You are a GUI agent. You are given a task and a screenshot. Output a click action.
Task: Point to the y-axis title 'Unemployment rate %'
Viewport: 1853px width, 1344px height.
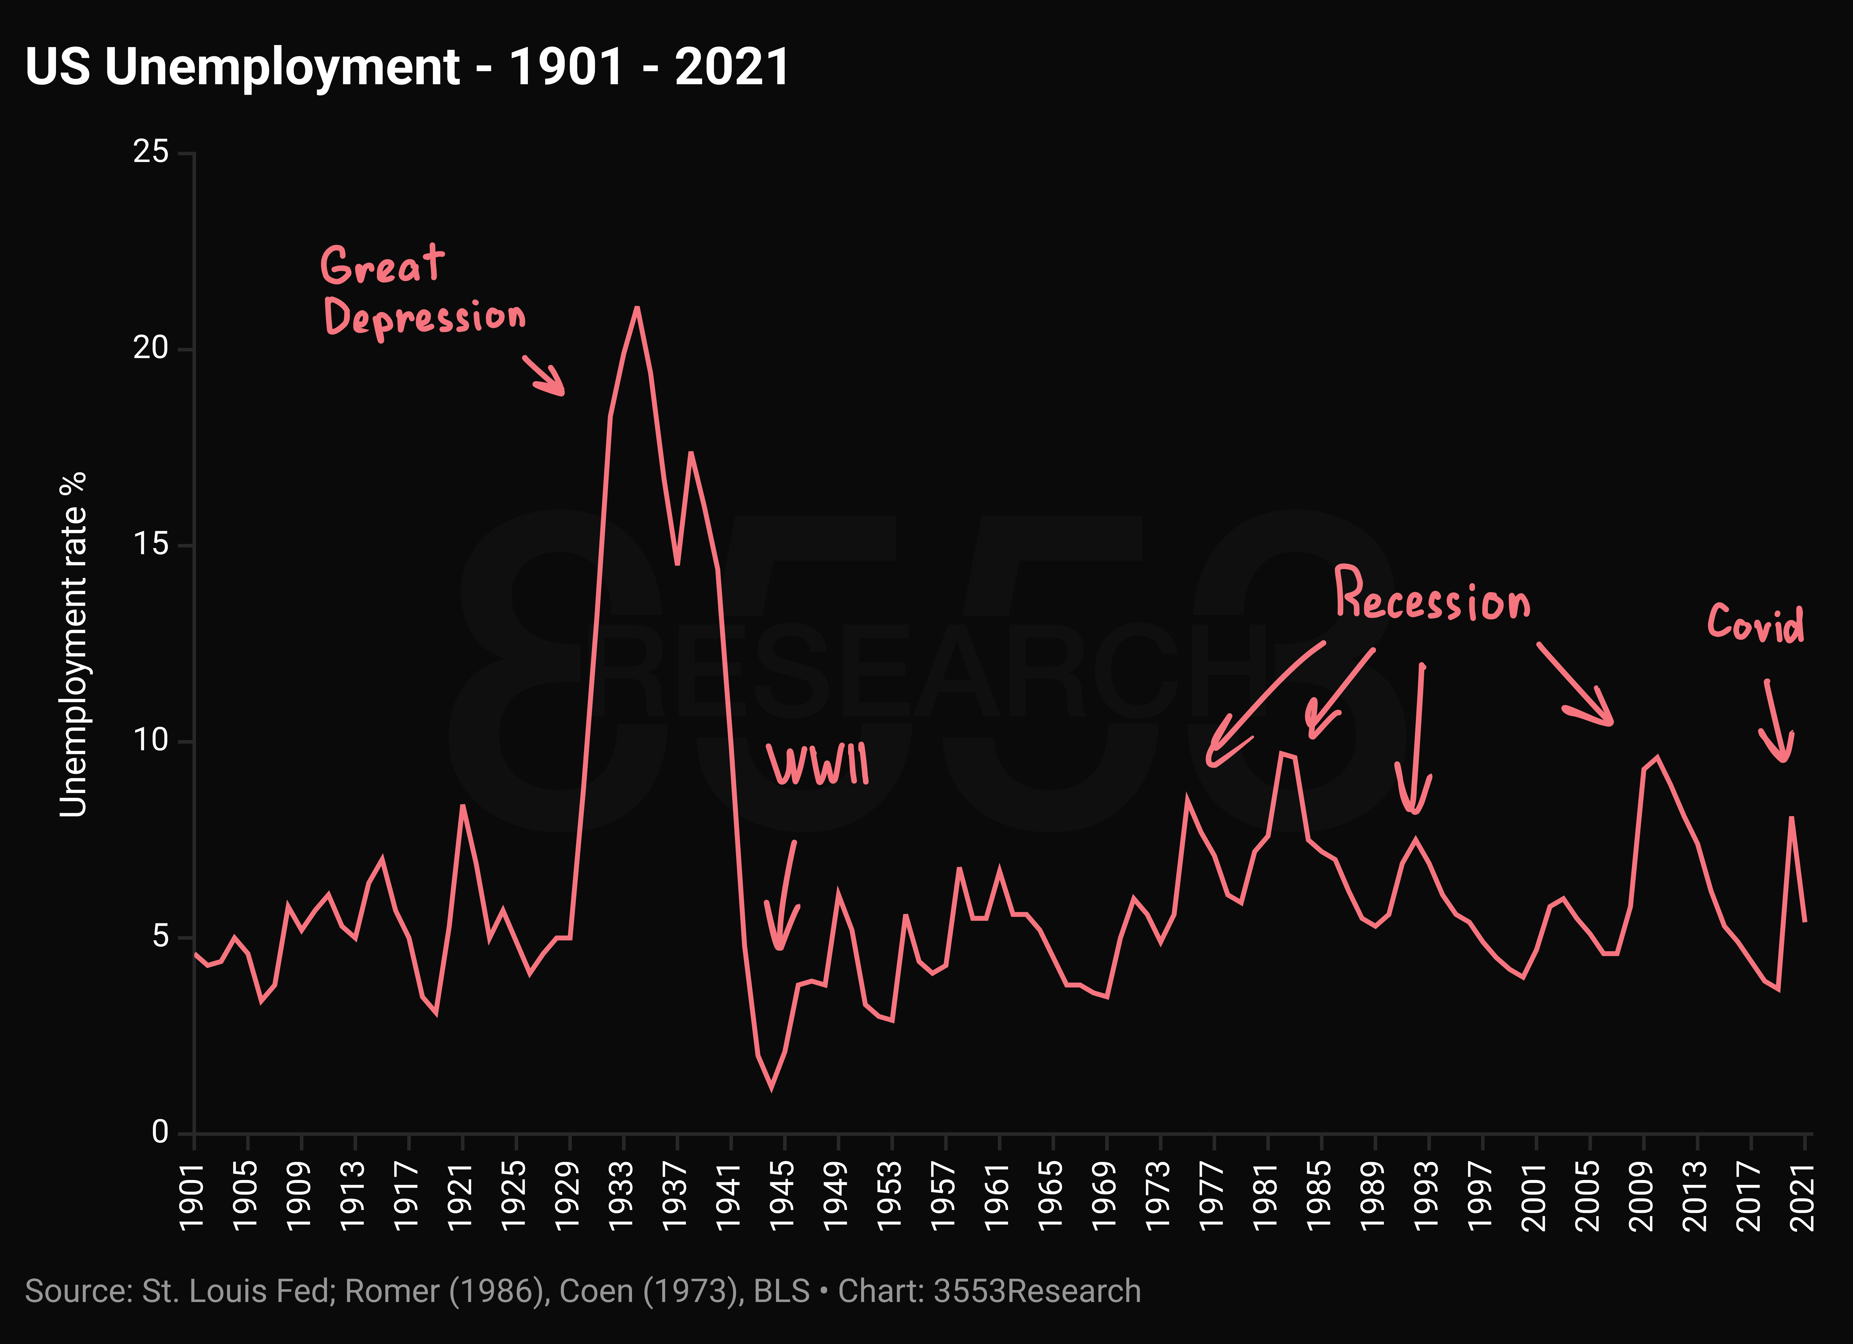[x=73, y=644]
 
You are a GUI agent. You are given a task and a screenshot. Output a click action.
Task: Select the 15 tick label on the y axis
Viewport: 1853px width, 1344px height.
[x=151, y=544]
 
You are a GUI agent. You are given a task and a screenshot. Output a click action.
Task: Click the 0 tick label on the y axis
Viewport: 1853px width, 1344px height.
[x=160, y=1132]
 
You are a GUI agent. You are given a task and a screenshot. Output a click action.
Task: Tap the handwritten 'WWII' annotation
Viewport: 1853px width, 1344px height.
[x=817, y=764]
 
